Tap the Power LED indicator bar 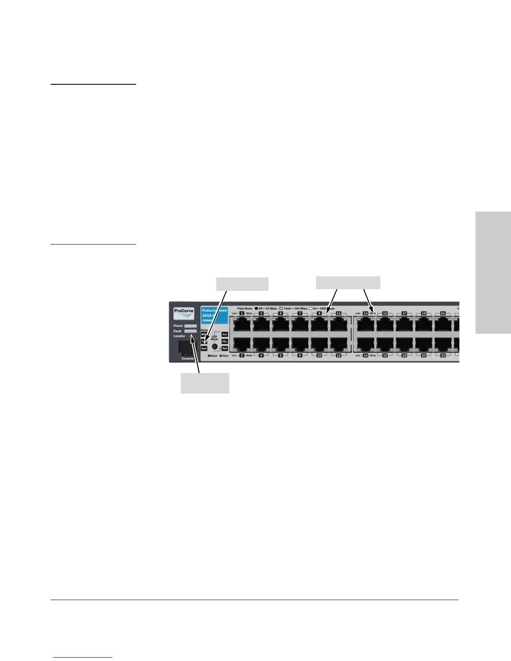coord(190,325)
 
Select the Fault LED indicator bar coord(190,331)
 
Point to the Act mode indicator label coord(225,334)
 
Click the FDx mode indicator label coord(225,341)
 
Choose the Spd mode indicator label coord(225,348)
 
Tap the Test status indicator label coord(204,348)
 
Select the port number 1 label coord(242,313)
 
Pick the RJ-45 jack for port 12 coord(339,343)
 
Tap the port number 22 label coord(443,356)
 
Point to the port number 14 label coord(365,356)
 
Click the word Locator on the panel coord(180,336)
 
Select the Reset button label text coord(212,356)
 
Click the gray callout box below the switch coord(205,383)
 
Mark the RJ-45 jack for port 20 coord(423,343)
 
